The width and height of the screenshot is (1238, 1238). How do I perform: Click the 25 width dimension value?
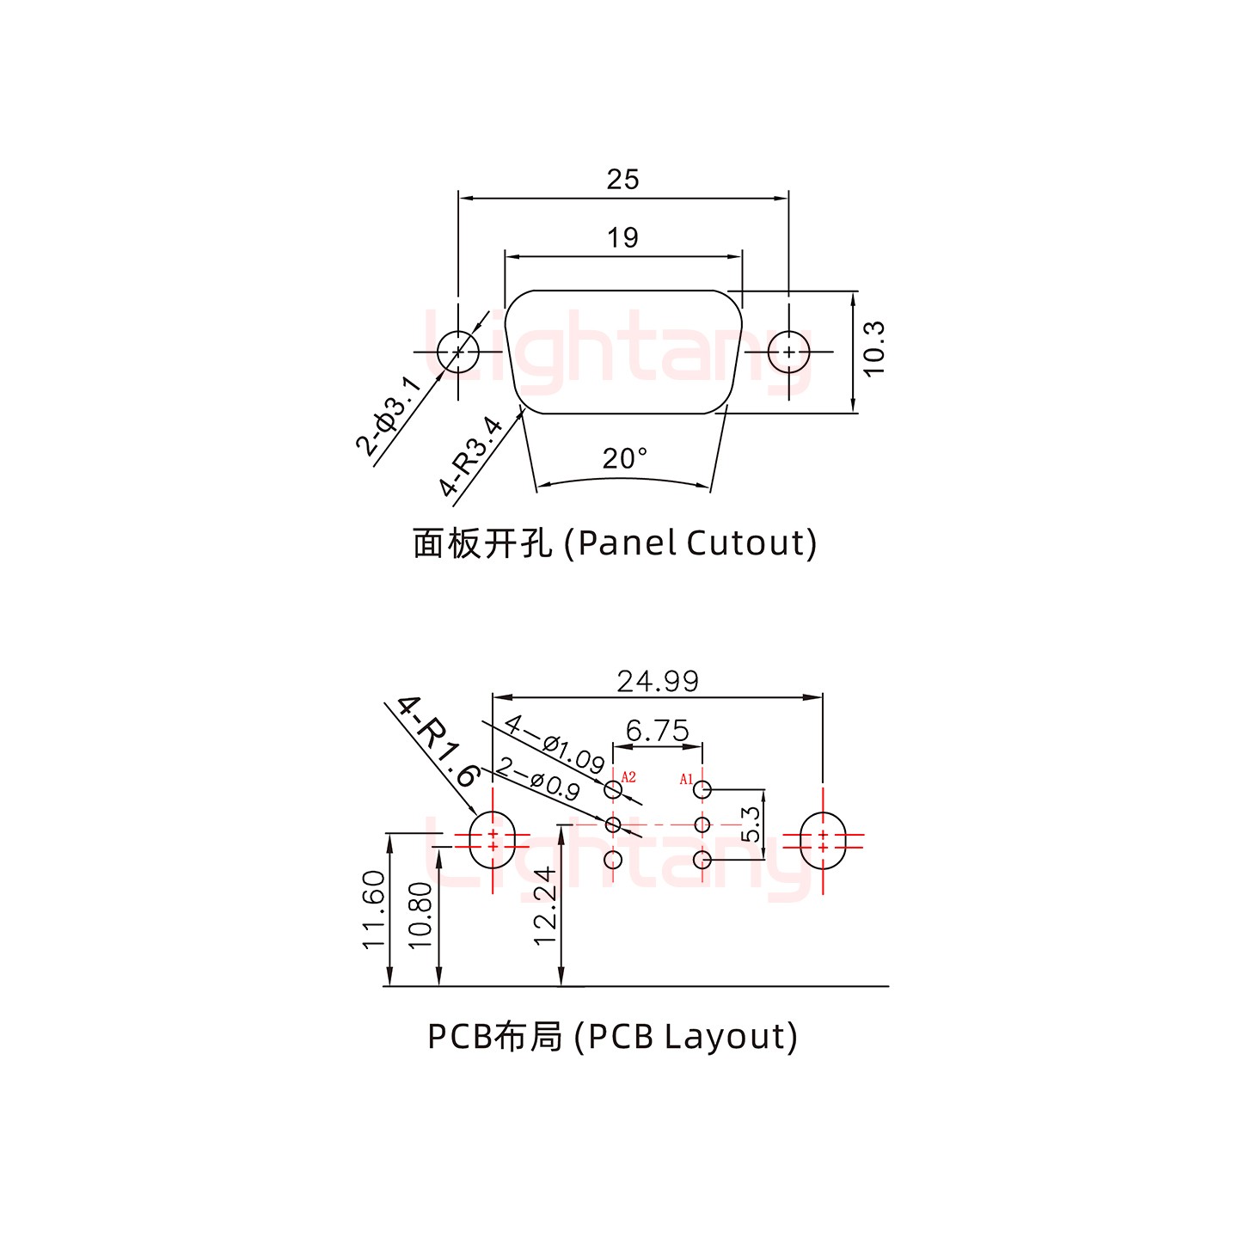pos(622,180)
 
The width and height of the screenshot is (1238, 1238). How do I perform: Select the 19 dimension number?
pos(622,238)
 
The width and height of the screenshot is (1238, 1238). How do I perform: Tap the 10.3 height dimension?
pos(873,348)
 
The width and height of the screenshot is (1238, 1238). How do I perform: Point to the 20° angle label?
pos(624,459)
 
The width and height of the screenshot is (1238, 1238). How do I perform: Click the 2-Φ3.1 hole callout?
pos(389,415)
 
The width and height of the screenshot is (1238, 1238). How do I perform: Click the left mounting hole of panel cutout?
pos(458,352)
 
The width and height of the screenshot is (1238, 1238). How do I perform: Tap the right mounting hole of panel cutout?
pos(788,352)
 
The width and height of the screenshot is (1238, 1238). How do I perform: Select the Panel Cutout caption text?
pos(615,542)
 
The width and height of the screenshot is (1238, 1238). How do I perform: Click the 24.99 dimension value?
pos(658,681)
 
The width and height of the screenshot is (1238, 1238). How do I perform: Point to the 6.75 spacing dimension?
pos(658,731)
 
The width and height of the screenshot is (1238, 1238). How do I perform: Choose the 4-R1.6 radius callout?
pos(438,741)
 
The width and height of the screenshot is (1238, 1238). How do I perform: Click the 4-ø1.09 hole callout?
pos(555,743)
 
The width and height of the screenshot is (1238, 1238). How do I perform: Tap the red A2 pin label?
pos(628,777)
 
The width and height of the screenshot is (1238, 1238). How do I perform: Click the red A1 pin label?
pos(686,779)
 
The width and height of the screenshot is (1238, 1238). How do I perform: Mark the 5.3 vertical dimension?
pos(751,824)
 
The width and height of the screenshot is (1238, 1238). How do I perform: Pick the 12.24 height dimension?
pos(546,906)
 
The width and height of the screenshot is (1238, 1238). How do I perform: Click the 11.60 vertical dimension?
pos(374,910)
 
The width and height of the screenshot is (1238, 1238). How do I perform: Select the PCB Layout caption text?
pos(612,1037)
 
